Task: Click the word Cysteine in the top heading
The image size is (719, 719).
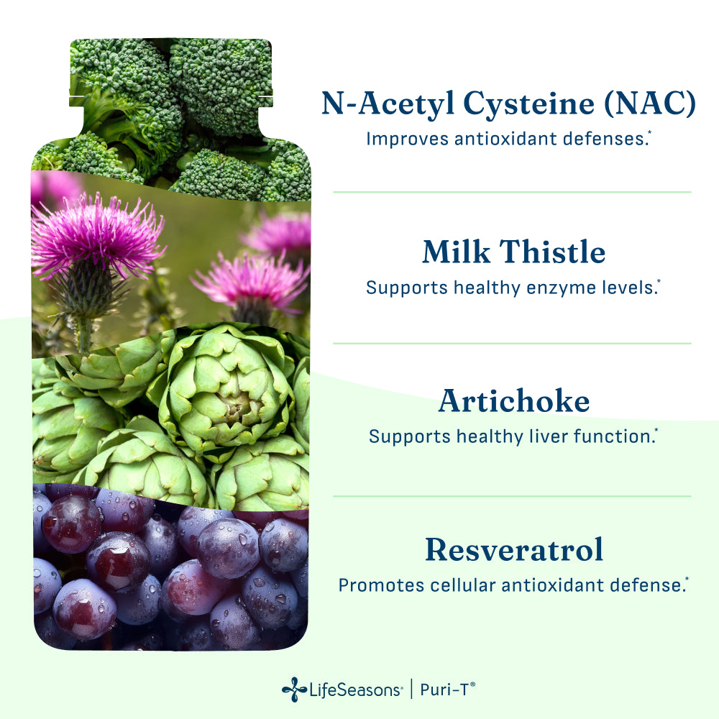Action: click(x=528, y=104)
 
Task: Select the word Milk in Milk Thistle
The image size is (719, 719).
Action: click(x=457, y=252)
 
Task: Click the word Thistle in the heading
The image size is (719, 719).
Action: click(x=552, y=252)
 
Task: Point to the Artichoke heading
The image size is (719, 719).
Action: click(x=513, y=400)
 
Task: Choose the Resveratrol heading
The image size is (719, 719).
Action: click(x=514, y=549)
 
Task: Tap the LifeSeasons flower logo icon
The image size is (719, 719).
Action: click(x=294, y=690)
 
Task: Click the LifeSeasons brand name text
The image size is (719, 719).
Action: click(x=356, y=690)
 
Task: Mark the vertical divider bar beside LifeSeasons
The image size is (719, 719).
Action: click(x=411, y=690)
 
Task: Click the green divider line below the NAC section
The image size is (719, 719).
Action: click(x=512, y=192)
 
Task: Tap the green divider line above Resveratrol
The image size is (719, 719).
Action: click(x=512, y=495)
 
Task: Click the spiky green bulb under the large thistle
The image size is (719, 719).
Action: click(x=86, y=289)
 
